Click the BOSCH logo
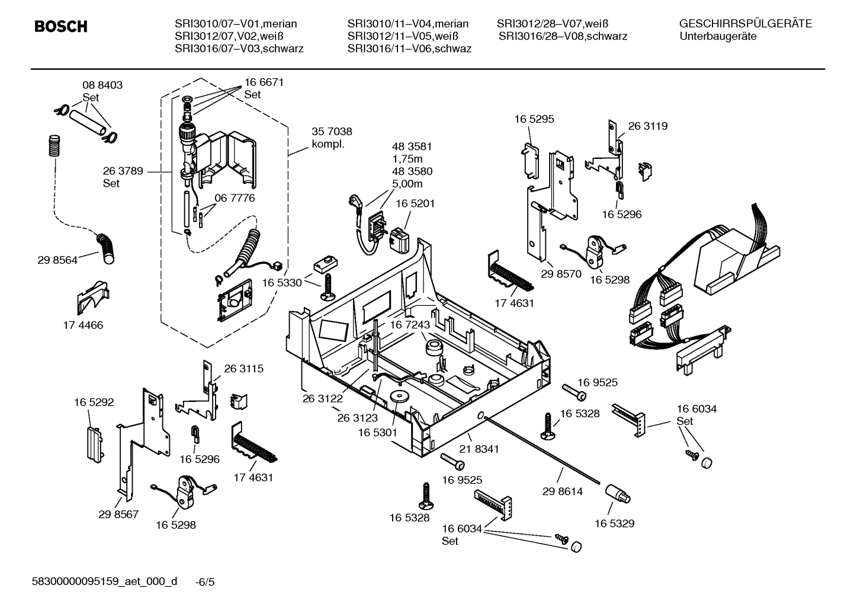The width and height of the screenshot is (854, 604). tap(60, 27)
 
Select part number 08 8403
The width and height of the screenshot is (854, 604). tap(102, 85)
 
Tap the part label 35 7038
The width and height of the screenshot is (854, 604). tap(332, 132)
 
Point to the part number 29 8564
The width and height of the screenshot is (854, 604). tap(57, 260)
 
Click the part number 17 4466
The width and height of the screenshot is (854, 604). tap(83, 325)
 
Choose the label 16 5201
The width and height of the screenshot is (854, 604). tap(415, 203)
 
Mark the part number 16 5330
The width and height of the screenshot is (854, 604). tap(281, 283)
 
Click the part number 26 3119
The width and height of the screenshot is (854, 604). tap(647, 126)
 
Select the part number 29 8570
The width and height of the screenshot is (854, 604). tap(561, 274)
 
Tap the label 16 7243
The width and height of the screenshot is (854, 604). tap(409, 325)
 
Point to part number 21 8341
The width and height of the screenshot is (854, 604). tap(479, 449)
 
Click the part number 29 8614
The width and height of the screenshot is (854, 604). tap(563, 491)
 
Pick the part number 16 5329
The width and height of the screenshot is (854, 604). tap(614, 523)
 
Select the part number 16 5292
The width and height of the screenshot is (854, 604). tap(94, 402)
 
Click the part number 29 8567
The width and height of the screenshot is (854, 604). tap(118, 514)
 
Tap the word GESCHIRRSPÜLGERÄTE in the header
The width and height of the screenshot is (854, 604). tap(745, 24)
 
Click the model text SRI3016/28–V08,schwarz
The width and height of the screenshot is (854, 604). tap(563, 36)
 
